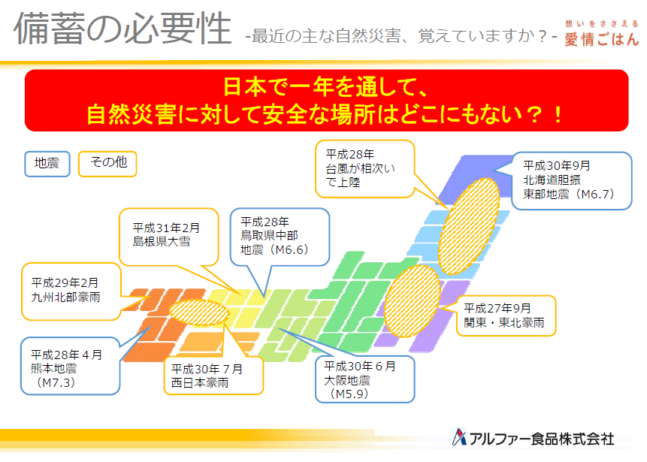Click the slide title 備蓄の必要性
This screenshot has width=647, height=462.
click(x=122, y=28)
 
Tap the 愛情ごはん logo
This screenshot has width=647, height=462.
click(x=601, y=33)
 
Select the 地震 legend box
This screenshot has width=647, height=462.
click(x=47, y=164)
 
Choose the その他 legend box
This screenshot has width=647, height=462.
click(x=107, y=164)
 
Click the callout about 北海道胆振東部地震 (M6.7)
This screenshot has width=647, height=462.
click(x=572, y=181)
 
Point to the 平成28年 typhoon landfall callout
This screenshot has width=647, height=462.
click(x=364, y=169)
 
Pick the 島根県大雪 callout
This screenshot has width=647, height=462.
click(x=169, y=237)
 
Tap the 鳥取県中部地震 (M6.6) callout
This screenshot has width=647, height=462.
click(x=280, y=237)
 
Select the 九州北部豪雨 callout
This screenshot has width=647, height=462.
click(x=71, y=291)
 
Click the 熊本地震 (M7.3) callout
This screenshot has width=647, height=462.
click(x=71, y=366)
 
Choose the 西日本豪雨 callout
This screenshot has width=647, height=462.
click(x=213, y=376)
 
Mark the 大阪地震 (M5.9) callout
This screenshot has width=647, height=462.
click(x=364, y=379)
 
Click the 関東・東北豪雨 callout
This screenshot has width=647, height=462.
click(x=506, y=316)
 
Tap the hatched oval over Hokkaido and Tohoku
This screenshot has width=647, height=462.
click(x=468, y=226)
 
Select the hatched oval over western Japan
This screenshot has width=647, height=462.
click(x=199, y=313)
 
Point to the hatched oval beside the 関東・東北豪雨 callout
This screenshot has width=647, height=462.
click(x=413, y=300)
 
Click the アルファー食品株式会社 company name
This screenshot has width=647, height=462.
click(x=542, y=439)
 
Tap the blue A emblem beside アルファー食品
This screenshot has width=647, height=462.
click(x=459, y=437)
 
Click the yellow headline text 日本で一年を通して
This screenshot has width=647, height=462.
click(x=325, y=87)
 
